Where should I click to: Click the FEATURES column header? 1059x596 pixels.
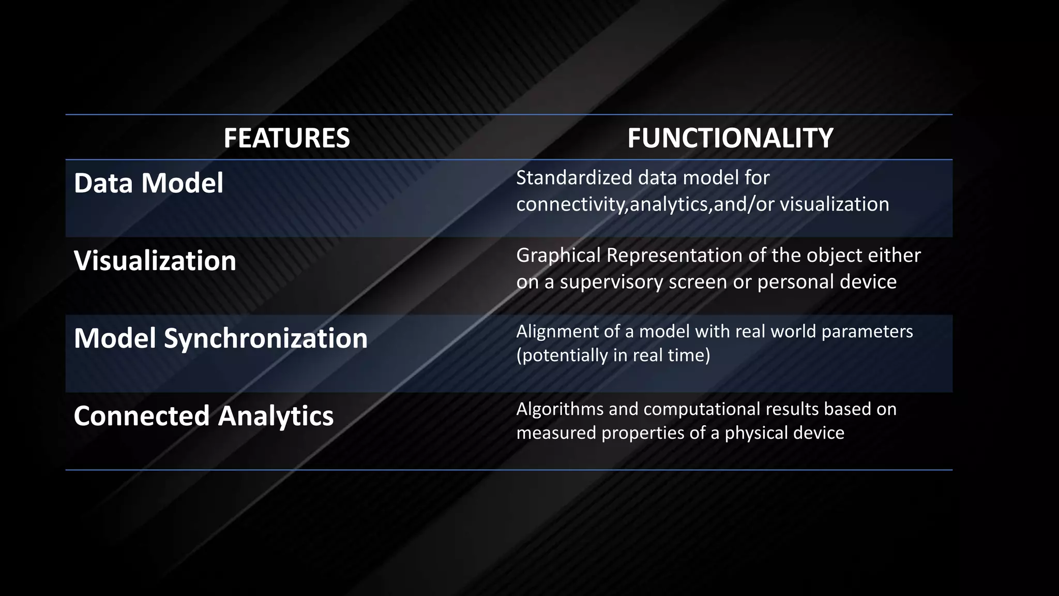click(286, 138)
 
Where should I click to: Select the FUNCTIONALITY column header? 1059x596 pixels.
click(730, 138)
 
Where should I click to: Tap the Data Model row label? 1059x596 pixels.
click(148, 183)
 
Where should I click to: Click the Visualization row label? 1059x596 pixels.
click(155, 261)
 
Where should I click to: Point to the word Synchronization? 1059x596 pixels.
click(266, 338)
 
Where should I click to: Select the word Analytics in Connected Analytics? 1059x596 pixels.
click(276, 416)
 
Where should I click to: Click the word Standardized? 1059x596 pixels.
click(574, 178)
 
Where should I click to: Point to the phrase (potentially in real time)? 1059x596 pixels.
click(613, 355)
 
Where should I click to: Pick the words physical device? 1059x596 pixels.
click(784, 433)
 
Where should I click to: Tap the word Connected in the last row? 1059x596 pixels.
click(141, 416)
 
